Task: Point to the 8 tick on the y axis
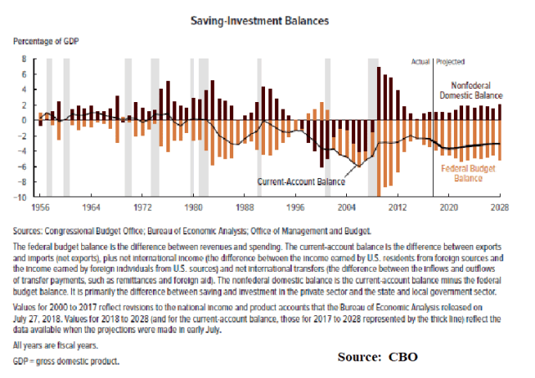(x=24, y=59)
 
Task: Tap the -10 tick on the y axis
(x=22, y=197)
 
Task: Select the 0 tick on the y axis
(x=24, y=120)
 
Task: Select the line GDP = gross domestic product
(x=66, y=362)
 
